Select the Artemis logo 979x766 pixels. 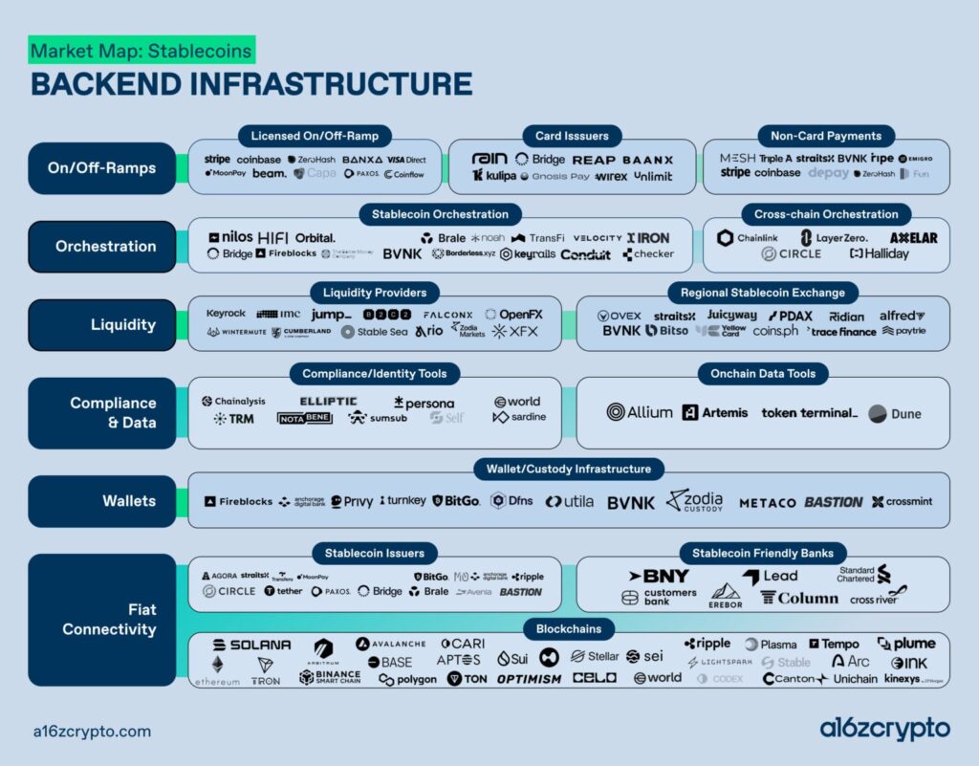click(716, 413)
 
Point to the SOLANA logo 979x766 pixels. click(252, 646)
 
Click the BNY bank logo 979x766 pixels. click(659, 576)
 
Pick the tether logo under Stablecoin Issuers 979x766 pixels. click(283, 591)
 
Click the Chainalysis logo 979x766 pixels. click(234, 402)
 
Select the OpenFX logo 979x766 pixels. click(513, 314)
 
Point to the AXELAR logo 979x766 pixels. click(913, 238)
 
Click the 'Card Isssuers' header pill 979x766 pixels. click(572, 136)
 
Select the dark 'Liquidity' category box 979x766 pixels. click(102, 324)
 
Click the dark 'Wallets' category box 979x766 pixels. click(102, 501)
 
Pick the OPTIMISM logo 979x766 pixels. click(529, 679)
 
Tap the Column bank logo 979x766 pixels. click(799, 598)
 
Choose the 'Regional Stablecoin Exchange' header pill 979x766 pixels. click(763, 292)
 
